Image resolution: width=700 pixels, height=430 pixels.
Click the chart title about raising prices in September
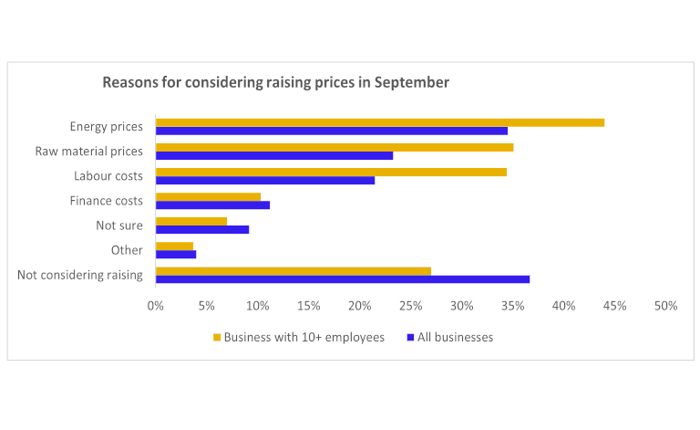point(275,82)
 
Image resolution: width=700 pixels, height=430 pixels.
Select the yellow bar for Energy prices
point(380,122)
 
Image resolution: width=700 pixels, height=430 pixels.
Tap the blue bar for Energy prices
point(332,131)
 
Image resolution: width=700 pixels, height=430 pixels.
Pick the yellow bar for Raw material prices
point(335,147)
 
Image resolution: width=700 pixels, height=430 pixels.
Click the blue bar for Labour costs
point(265,180)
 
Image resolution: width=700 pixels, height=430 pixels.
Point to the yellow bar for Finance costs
point(208,196)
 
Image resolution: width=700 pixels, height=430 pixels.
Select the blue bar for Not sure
point(202,229)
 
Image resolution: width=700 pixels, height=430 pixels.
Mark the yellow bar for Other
point(174,246)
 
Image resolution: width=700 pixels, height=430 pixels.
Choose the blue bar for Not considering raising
point(343,279)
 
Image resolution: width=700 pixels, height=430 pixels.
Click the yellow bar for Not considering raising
point(293,271)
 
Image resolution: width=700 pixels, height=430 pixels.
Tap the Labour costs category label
point(108,176)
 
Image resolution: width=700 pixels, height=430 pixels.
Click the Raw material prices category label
point(89,152)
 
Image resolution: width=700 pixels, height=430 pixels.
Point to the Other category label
point(127,250)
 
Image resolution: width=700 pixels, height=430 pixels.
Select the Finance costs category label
point(107,201)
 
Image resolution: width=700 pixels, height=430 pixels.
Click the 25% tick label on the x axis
point(411,306)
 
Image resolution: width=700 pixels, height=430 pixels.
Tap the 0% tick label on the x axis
point(156,306)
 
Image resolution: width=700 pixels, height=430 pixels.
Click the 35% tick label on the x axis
point(513,306)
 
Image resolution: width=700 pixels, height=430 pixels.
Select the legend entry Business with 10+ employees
point(299,337)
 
